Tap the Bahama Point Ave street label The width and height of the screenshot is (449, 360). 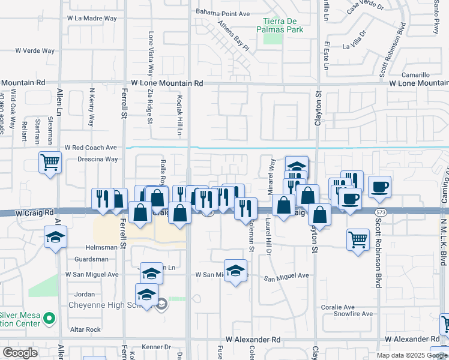tap(223, 13)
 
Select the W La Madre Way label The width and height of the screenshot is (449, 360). tap(92, 18)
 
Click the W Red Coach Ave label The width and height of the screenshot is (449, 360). tap(91, 147)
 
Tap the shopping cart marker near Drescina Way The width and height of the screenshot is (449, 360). tap(50, 162)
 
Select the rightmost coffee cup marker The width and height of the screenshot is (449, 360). tap(379, 187)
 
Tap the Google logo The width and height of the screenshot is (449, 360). tap(20, 353)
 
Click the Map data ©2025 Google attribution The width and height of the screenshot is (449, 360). tap(412, 355)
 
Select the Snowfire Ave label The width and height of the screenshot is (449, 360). tap(354, 313)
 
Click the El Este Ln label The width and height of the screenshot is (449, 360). tap(327, 56)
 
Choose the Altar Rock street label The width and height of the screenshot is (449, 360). tap(85, 329)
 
